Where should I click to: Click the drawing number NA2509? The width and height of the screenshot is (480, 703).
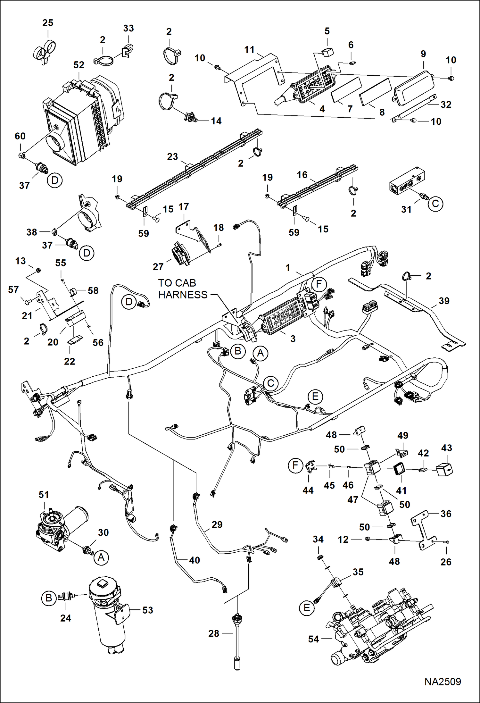coord(443,682)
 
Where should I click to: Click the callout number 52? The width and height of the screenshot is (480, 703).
coord(79,65)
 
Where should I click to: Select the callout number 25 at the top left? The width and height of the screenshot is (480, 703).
coord(48,23)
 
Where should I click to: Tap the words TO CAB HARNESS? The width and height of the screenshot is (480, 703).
coord(183,289)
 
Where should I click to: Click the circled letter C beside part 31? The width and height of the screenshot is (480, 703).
coord(435,204)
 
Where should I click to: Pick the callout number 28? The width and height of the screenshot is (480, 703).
coord(214,633)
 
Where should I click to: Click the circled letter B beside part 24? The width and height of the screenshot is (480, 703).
coord(49,598)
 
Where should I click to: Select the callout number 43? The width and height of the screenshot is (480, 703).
coord(446,448)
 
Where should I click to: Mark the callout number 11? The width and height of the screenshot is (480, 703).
coord(249,50)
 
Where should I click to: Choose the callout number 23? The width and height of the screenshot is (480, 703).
coord(172,156)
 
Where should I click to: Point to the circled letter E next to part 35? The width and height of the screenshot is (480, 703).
coord(307,608)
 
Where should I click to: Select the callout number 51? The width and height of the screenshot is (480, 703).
coord(44,495)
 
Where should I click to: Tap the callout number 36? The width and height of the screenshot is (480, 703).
coord(446,514)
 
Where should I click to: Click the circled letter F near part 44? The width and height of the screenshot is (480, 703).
coord(295,465)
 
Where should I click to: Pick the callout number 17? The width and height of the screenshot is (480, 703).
coord(183,207)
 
